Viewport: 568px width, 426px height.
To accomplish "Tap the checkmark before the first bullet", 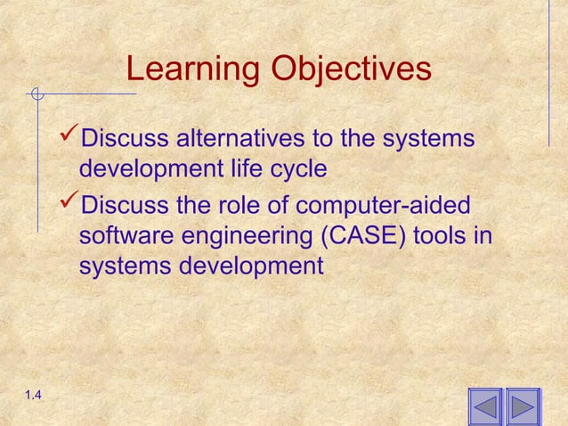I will click(68, 138).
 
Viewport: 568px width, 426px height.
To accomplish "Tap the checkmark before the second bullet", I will click(68, 204).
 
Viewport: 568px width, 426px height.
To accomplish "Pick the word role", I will click(234, 205).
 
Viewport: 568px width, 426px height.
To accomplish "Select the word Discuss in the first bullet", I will click(125, 140).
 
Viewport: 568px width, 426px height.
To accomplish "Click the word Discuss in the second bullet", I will click(125, 205).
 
